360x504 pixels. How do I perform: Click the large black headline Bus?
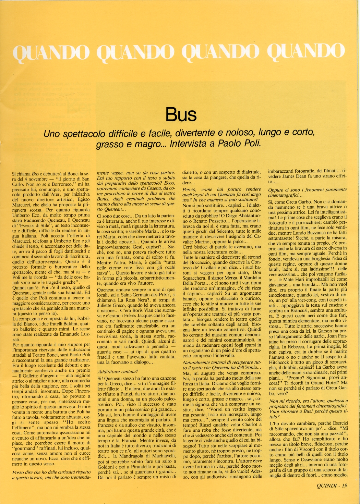coord(181,114)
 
